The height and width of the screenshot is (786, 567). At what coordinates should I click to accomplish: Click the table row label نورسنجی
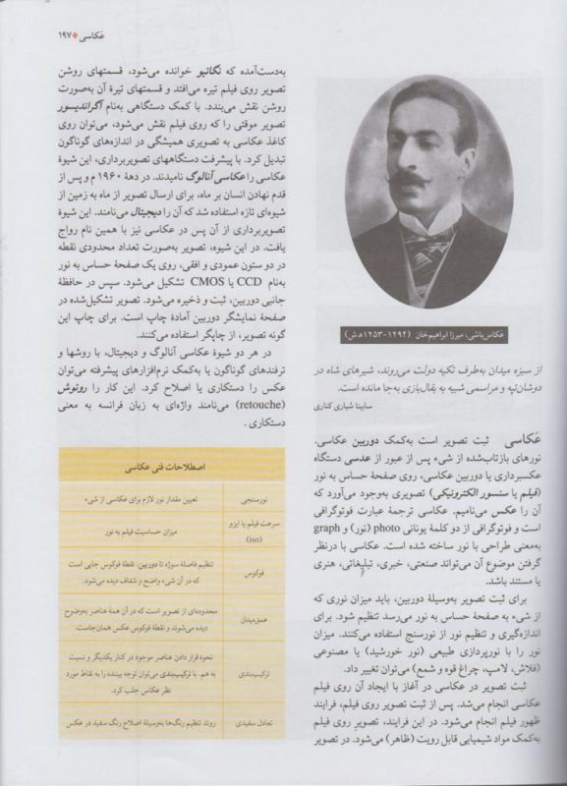tap(252, 498)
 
